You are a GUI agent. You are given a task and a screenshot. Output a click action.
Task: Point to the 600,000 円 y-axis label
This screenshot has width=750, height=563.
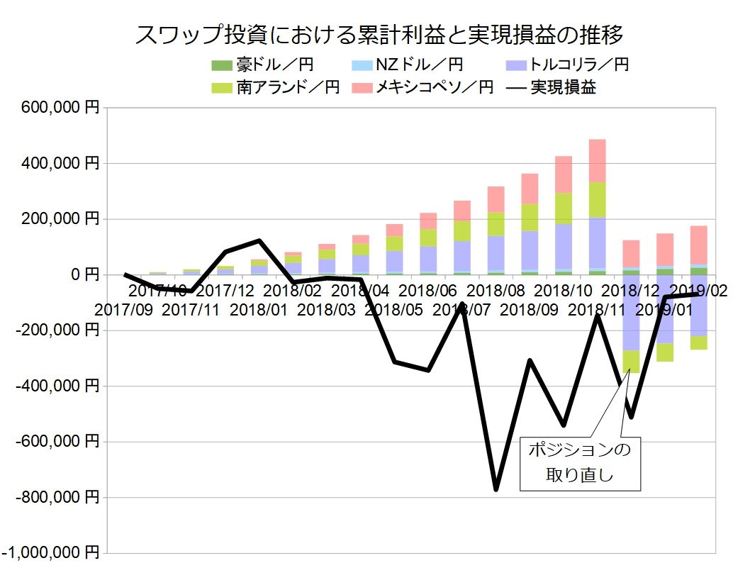tap(60, 108)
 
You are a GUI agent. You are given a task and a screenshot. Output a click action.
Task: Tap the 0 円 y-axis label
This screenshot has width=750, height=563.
tap(82, 274)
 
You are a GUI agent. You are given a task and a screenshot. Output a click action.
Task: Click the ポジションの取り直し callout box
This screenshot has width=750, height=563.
tap(581, 462)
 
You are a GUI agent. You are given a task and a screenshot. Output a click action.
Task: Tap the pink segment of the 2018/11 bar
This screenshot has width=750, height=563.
tap(597, 161)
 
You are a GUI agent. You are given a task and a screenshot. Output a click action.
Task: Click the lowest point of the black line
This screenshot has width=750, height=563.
tap(496, 489)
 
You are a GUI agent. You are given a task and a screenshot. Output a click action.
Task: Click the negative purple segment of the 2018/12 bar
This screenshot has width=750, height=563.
tap(631, 312)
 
